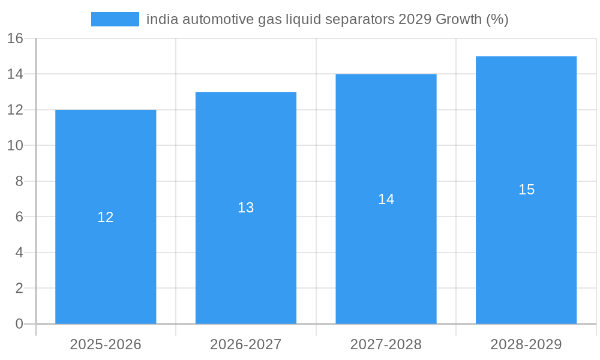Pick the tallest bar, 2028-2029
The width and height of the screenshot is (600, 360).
click(526, 252)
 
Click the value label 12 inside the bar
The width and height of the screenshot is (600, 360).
click(106, 217)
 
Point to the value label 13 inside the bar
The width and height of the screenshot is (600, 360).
click(246, 208)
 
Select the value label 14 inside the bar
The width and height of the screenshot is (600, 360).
click(386, 199)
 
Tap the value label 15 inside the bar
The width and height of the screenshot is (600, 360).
click(526, 190)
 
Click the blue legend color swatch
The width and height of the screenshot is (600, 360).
click(115, 19)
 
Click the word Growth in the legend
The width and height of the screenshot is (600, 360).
click(458, 19)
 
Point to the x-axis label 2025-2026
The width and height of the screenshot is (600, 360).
click(106, 344)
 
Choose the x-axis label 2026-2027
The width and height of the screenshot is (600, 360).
click(246, 344)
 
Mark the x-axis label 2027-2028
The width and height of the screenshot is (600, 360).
click(386, 344)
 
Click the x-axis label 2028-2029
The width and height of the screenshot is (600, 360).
click(526, 344)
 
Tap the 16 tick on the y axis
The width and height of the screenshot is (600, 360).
click(15, 38)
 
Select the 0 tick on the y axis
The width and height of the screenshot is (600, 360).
click(19, 324)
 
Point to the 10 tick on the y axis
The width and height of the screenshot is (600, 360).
click(15, 146)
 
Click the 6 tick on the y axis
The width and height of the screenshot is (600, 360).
click(19, 217)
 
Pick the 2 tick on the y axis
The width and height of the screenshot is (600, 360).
click(19, 288)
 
